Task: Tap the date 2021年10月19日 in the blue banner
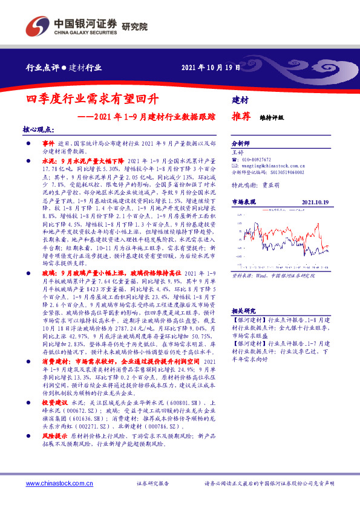click(x=211, y=67)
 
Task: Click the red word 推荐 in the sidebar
click(x=242, y=117)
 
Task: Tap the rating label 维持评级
click(x=272, y=118)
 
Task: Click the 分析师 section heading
click(x=241, y=144)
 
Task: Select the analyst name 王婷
click(x=237, y=152)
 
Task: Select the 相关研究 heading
click(x=243, y=309)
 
